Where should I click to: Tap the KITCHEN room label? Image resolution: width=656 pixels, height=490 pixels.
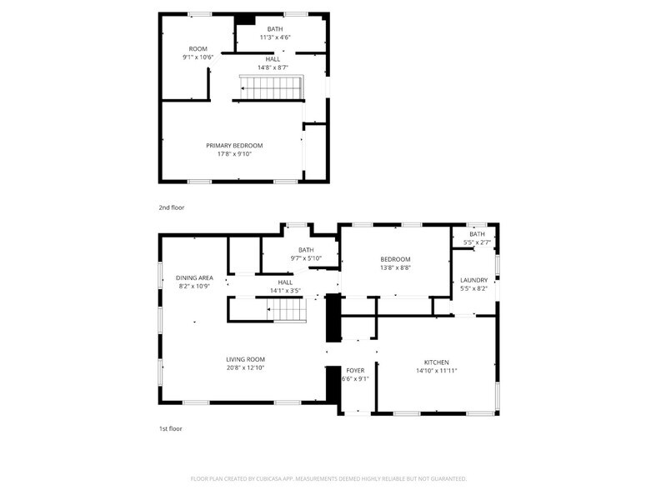click(437, 362)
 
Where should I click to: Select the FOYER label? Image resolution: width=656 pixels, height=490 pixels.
click(355, 370)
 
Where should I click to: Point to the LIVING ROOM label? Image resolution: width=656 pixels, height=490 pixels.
click(245, 359)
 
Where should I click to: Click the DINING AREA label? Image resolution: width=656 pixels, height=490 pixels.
click(194, 277)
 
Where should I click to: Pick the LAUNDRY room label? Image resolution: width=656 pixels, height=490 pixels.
click(473, 280)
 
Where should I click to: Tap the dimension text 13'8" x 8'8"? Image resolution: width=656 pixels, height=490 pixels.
click(395, 268)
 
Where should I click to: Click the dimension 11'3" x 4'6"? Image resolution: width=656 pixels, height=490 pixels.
click(274, 37)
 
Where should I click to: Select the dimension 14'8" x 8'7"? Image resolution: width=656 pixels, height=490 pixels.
click(273, 67)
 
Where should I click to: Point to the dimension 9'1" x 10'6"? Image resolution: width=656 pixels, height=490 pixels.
click(198, 57)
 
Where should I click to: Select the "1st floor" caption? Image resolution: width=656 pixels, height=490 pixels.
click(170, 428)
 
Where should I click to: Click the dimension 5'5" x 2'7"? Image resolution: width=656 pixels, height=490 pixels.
click(477, 242)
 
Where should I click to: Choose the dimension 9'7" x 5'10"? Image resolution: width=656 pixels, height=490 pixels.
click(306, 258)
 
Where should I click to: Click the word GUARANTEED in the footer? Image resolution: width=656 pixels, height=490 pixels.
click(443, 479)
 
